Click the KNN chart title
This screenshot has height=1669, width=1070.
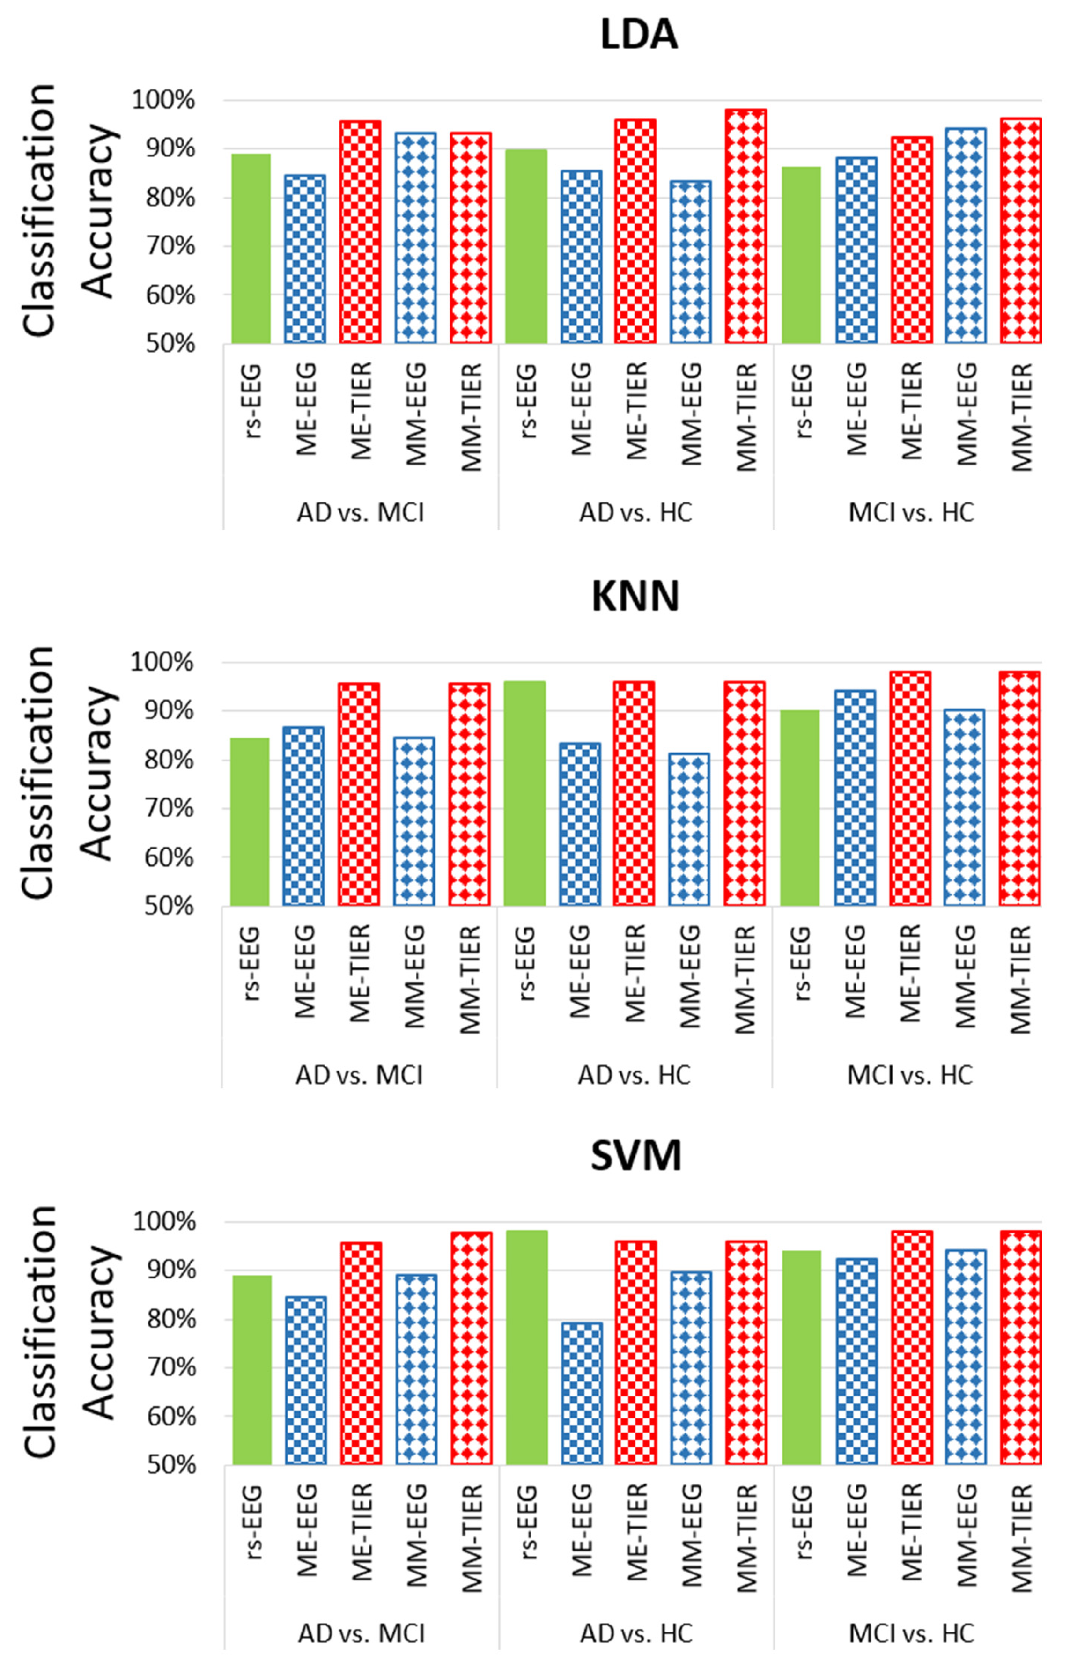click(x=635, y=596)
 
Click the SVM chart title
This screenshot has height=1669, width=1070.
click(x=636, y=1155)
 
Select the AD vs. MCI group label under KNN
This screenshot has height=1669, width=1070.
click(x=359, y=1075)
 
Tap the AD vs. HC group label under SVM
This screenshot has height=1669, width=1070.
click(x=636, y=1633)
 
